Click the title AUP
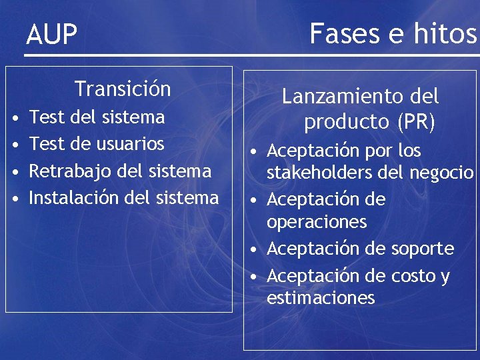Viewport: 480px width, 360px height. [52, 35]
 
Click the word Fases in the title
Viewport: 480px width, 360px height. [347, 32]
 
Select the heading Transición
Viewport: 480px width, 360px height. [123, 89]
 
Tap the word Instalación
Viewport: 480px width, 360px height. [73, 197]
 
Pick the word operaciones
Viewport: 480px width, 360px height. [317, 222]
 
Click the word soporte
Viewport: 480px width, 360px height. [421, 249]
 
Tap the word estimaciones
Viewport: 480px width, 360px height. [321, 298]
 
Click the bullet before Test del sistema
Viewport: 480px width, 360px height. [14, 119]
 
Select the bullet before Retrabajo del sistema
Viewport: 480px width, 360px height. [14, 172]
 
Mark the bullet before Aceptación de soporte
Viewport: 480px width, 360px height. [255, 250]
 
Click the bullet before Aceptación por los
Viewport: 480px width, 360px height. [255, 152]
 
